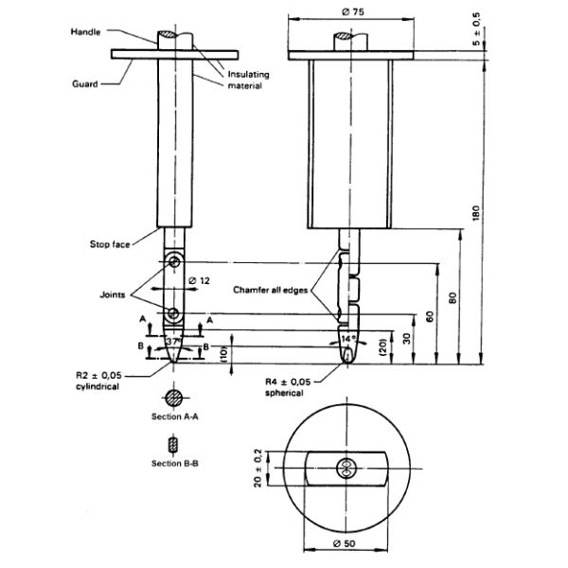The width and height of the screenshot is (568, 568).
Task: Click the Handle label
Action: pos(85,32)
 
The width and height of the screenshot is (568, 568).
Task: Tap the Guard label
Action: pos(85,84)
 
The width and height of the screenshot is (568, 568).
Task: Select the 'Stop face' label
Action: pos(110,244)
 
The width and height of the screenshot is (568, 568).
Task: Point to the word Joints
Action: pos(113,294)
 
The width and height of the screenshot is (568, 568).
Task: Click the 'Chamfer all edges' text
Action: pos(271,290)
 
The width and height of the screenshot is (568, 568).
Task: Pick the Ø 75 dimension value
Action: pos(353,12)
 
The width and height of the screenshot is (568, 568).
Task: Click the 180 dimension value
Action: pos(476,213)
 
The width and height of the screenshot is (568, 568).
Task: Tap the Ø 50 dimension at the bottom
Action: pos(345,543)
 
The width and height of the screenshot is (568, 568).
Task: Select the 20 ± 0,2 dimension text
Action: pos(257,468)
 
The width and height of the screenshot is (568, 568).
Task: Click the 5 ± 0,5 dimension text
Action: pos(476,29)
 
